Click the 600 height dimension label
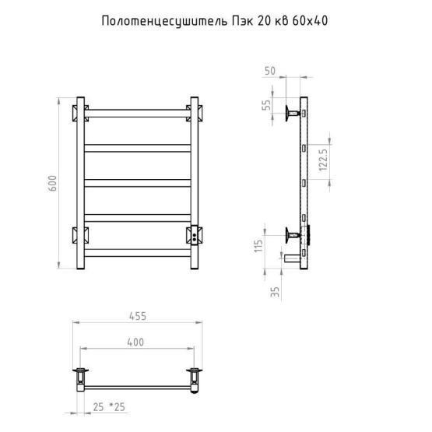[52, 183]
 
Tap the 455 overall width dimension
[138, 316]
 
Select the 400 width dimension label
[135, 342]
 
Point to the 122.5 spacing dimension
[323, 160]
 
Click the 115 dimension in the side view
[258, 246]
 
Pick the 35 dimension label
[275, 292]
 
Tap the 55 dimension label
[267, 105]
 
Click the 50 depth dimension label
[270, 71]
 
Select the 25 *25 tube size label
[109, 407]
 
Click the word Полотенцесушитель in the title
[164, 21]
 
